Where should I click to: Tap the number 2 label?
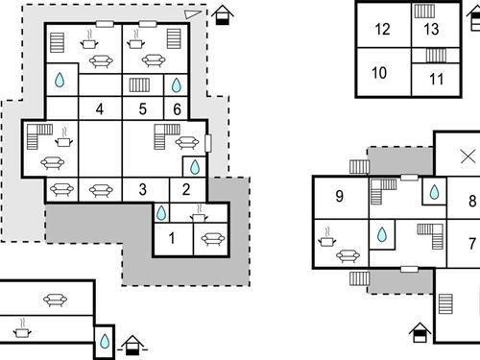pyautogui.click(x=186, y=189)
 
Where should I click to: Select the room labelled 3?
pyautogui.click(x=142, y=189)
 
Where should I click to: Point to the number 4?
pyautogui.click(x=100, y=108)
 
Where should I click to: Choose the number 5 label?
pyautogui.click(x=142, y=108)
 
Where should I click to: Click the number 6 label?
pyautogui.click(x=178, y=108)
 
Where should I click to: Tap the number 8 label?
pyautogui.click(x=471, y=201)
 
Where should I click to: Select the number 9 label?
pyautogui.click(x=339, y=198)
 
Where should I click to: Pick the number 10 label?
pyautogui.click(x=379, y=73)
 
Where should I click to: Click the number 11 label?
pyautogui.click(x=436, y=80)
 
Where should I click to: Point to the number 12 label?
pyautogui.click(x=382, y=29)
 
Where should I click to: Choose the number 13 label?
pyautogui.click(x=431, y=29)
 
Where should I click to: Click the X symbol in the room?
pyautogui.click(x=468, y=156)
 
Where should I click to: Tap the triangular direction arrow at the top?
pyautogui.click(x=193, y=14)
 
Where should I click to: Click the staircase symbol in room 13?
pyautogui.click(x=424, y=11)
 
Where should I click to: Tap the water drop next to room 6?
pyautogui.click(x=177, y=85)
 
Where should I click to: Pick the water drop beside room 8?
pyautogui.click(x=434, y=192)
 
